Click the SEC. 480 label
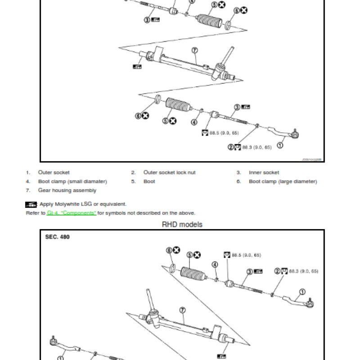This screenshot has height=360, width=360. pyautogui.click(x=58, y=237)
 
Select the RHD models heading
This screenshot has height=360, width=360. pyautogui.click(x=182, y=224)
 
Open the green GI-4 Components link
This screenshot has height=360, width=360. pyautogui.click(x=72, y=213)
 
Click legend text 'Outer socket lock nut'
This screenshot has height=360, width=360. pyautogui.click(x=169, y=172)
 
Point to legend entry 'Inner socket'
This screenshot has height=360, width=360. pyautogui.click(x=264, y=172)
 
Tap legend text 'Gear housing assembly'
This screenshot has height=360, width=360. pyautogui.click(x=67, y=190)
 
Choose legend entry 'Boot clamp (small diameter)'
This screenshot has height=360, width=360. pyautogui.click(x=72, y=181)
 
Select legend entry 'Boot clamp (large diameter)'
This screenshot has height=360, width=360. pyautogui.click(x=283, y=181)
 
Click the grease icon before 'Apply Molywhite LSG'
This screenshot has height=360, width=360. pyautogui.click(x=31, y=204)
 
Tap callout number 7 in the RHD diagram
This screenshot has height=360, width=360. pyautogui.click(x=182, y=310)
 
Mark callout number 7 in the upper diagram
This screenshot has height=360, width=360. pyautogui.click(x=194, y=50)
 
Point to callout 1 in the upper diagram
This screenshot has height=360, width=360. pyautogui.click(x=280, y=145)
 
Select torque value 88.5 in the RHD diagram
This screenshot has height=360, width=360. pyautogui.click(x=247, y=255)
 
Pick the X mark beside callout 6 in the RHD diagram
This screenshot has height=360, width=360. pyautogui.click(x=176, y=250)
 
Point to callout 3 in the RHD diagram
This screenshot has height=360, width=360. pyautogui.click(x=249, y=271)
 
